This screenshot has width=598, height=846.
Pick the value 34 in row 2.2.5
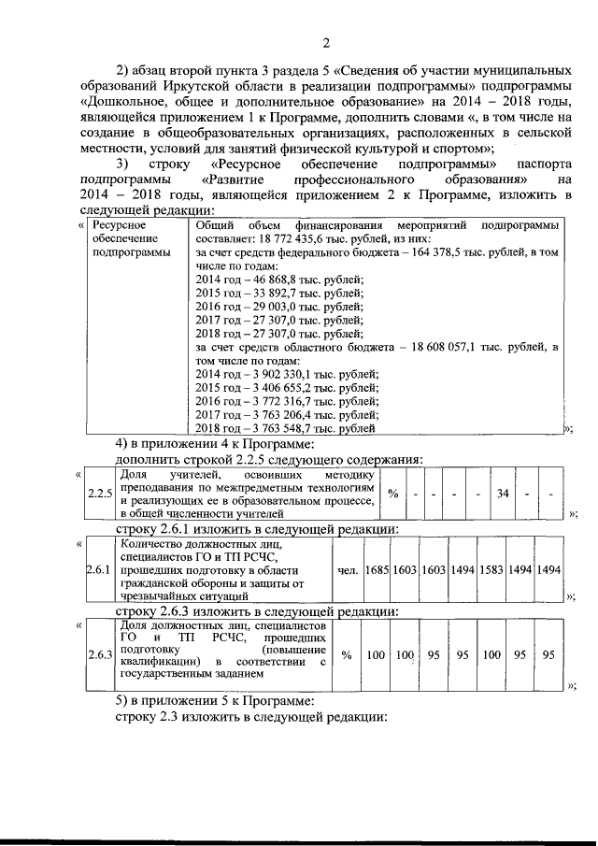pyautogui.click(x=503, y=494)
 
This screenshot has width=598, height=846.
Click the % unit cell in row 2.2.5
pyautogui.click(x=393, y=494)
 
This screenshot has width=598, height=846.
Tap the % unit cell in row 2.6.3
pyautogui.click(x=346, y=655)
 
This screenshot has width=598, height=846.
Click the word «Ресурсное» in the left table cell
pyautogui.click(x=120, y=226)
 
